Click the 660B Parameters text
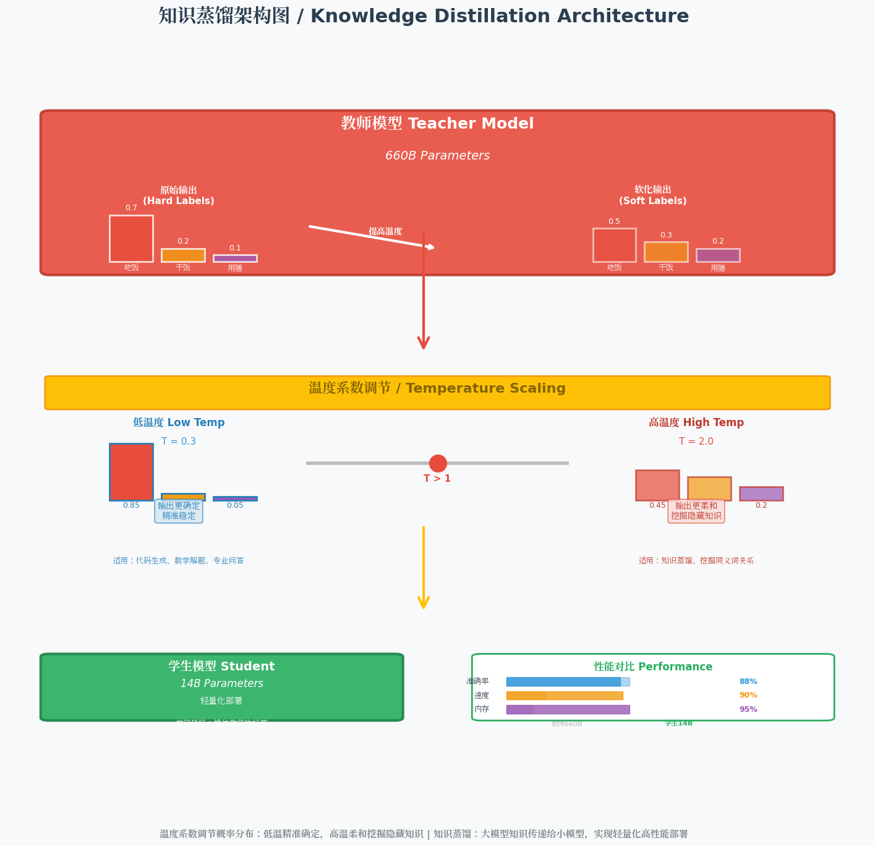tap(437, 156)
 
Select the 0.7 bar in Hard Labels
tap(131, 239)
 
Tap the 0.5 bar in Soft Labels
tap(614, 245)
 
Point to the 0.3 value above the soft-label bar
tap(666, 235)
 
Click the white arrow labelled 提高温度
tap(371, 237)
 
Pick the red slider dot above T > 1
tap(438, 463)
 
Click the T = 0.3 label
tap(179, 442)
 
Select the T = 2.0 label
tap(696, 442)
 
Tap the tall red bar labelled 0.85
tap(131, 472)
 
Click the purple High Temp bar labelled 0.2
tap(761, 493)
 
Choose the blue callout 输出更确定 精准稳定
tap(179, 511)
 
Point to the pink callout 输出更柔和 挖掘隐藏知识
tap(696, 511)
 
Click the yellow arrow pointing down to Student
tap(424, 567)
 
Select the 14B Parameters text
tap(222, 683)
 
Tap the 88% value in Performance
tap(748, 681)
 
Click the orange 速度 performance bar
tap(565, 696)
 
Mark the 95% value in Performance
tap(748, 709)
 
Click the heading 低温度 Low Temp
tap(179, 423)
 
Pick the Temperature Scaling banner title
tap(437, 388)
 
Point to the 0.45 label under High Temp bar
tap(657, 505)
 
